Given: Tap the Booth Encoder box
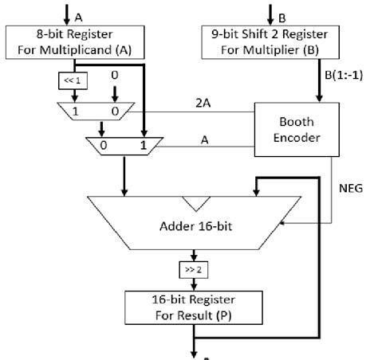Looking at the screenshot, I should point(295,129).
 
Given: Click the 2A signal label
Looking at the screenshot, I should point(203,101).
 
